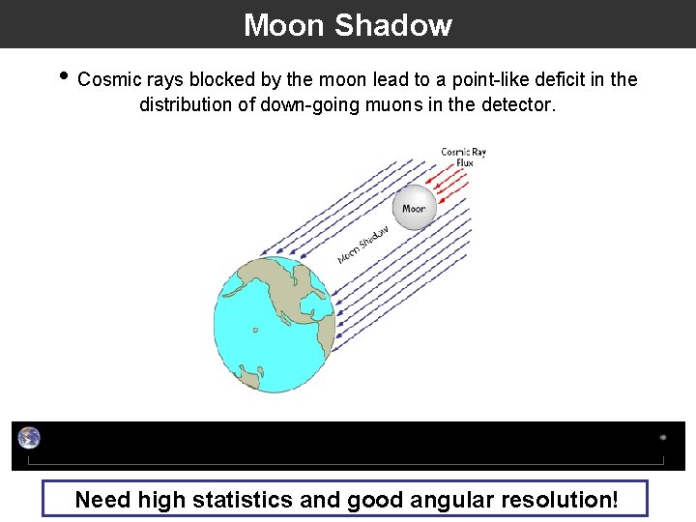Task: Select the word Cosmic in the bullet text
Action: click(x=109, y=79)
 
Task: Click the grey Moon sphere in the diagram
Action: click(x=414, y=208)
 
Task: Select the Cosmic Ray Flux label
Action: click(x=463, y=157)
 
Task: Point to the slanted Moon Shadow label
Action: click(x=363, y=245)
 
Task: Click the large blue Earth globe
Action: click(x=275, y=324)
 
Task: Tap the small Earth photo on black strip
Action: click(x=29, y=438)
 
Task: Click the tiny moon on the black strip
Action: click(x=662, y=437)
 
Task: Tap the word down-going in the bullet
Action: click(x=308, y=104)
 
